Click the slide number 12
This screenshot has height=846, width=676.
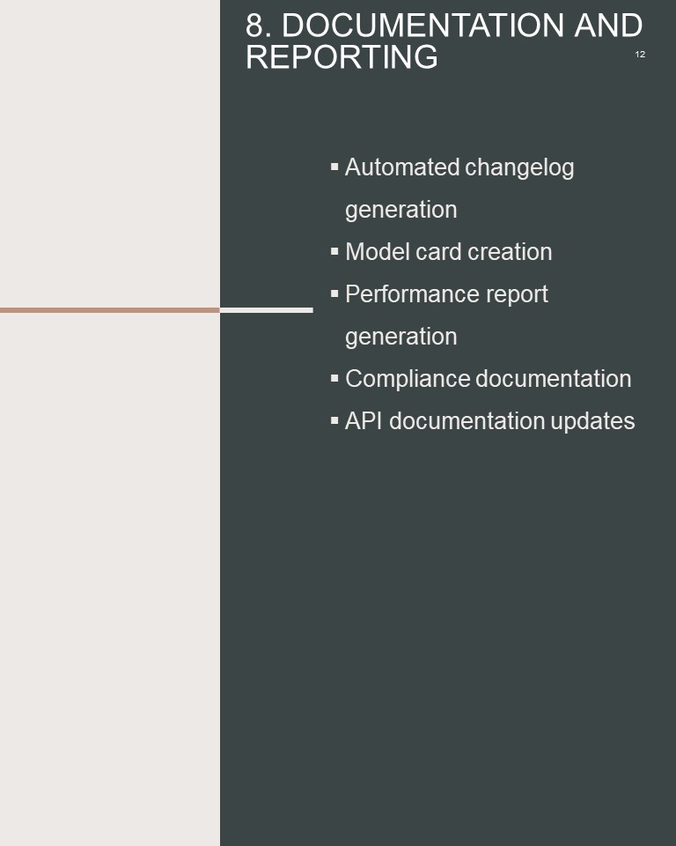pos(640,54)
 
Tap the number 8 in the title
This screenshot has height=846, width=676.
pos(254,26)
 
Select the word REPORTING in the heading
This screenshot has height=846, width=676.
pos(342,56)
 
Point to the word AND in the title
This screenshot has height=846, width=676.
pos(608,26)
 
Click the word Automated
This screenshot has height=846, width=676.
pos(402,167)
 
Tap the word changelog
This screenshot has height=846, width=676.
pos(519,167)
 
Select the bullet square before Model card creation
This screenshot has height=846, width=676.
pos(334,251)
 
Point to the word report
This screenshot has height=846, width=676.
pos(517,295)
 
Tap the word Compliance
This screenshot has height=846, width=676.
pos(408,379)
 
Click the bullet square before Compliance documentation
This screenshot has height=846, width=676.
pos(334,378)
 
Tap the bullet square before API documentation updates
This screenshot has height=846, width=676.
pos(334,419)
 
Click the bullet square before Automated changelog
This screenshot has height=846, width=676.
pos(334,167)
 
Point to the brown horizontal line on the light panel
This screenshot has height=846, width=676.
pos(110,310)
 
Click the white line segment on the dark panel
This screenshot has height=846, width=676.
pos(267,310)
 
